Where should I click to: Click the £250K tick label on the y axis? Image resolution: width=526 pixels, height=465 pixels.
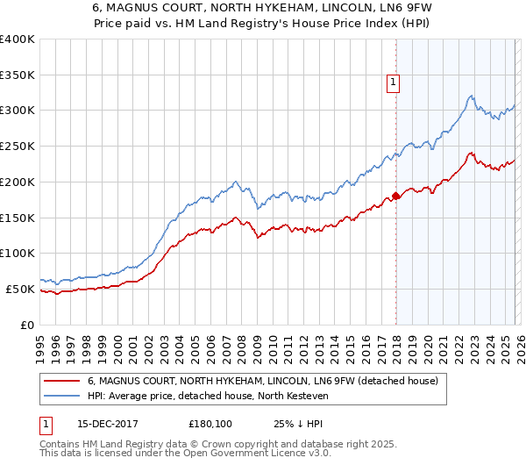[x=18, y=147]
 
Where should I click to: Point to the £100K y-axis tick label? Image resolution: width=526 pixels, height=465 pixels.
[x=18, y=254]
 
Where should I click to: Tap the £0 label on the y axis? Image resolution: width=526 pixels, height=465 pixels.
[x=27, y=325]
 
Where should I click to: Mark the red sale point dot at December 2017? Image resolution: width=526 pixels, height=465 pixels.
[x=395, y=196]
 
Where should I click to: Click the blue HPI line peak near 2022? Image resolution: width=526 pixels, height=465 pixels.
[x=471, y=96]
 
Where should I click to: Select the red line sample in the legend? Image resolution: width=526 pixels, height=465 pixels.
[x=61, y=381]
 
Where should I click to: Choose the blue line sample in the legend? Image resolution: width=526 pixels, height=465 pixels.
[x=61, y=396]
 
